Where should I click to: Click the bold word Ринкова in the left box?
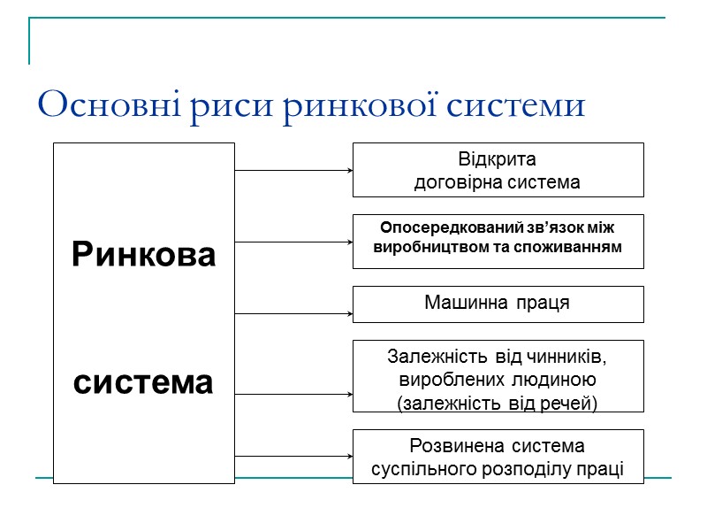pyautogui.click(x=144, y=256)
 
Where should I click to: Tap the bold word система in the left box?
pyautogui.click(x=144, y=383)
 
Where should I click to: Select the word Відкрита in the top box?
pyautogui.click(x=498, y=161)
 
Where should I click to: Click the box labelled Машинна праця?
pyautogui.click(x=498, y=304)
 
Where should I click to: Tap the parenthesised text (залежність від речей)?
pyautogui.click(x=498, y=404)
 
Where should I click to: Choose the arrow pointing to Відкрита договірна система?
pyautogui.click(x=293, y=170)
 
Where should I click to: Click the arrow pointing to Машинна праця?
pyautogui.click(x=293, y=313)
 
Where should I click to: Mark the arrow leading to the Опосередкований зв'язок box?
pyautogui.click(x=293, y=242)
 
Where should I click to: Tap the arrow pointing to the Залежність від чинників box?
pyautogui.click(x=293, y=394)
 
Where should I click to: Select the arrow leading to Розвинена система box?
pyautogui.click(x=293, y=457)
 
